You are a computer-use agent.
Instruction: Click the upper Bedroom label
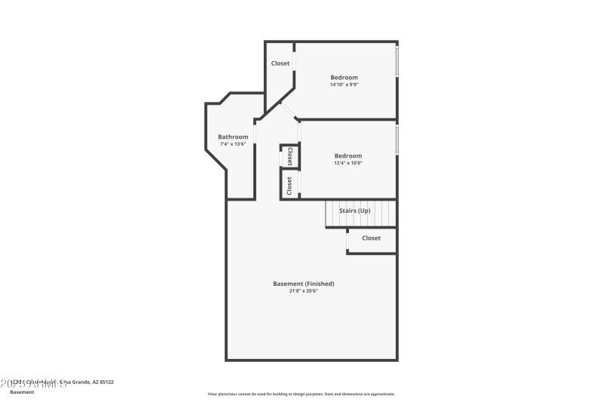344,77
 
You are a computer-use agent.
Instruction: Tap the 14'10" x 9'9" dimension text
344,84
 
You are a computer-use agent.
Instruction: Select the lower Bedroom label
348,156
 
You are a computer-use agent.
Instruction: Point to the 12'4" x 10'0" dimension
348,164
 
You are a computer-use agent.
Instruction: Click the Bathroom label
233,137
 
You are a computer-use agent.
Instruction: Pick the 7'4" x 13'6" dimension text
233,144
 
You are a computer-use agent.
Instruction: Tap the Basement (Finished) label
303,284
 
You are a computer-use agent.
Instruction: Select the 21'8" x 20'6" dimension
303,291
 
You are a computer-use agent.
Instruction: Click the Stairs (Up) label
354,210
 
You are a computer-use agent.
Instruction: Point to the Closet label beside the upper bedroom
280,63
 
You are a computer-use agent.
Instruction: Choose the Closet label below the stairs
371,238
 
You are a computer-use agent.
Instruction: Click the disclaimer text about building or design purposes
301,394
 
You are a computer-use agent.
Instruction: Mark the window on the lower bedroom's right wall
397,140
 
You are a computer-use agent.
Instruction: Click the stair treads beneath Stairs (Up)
360,219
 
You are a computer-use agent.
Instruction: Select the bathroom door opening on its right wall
255,133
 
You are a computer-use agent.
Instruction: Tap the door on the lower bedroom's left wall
299,133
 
